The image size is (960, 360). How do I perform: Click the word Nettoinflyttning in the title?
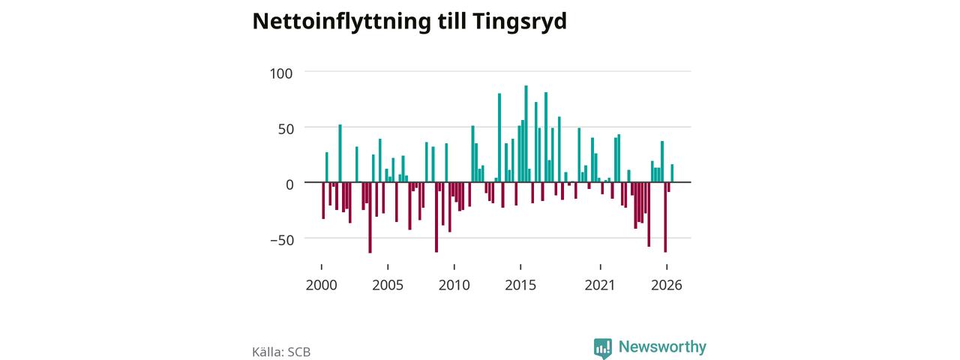(341, 22)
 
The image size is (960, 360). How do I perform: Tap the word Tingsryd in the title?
(520, 22)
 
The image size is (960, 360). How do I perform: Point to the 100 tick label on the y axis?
(281, 73)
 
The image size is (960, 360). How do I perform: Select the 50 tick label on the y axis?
(286, 129)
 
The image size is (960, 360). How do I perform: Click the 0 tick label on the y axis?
(289, 184)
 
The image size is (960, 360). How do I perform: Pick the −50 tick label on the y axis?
(282, 240)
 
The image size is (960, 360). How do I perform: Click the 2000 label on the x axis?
(322, 285)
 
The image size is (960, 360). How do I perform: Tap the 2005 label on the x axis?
(388, 285)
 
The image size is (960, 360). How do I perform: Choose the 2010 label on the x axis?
(454, 285)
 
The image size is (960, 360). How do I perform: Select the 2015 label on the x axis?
(520, 285)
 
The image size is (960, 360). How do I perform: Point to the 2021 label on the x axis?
(600, 285)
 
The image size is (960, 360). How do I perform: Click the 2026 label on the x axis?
(667, 285)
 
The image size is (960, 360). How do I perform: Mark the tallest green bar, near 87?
(526, 133)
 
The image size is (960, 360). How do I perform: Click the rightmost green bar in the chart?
(672, 173)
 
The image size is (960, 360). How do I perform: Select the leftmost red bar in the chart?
(323, 200)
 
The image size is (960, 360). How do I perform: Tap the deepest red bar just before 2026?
(665, 217)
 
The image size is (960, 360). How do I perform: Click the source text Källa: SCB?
(281, 352)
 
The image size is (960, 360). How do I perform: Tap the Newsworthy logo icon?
(602, 348)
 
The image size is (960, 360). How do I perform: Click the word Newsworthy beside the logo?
(662, 346)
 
